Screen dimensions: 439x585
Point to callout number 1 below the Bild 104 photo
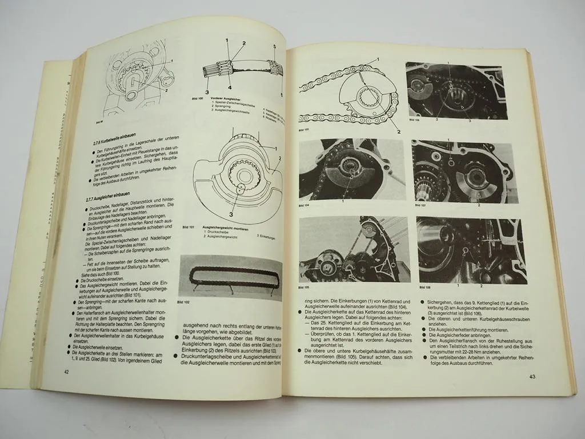(x=343, y=201)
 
